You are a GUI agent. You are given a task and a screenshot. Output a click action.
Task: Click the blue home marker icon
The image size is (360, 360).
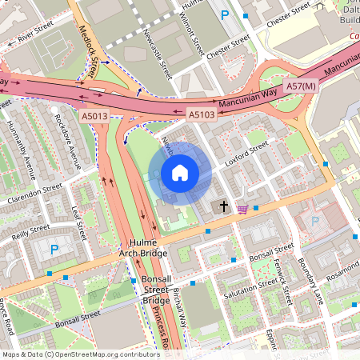(180, 173)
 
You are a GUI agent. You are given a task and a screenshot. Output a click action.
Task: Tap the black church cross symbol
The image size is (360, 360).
(223, 206)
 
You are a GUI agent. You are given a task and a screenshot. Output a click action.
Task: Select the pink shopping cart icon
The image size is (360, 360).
(242, 210)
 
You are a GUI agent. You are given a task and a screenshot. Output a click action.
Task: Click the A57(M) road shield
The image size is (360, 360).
(301, 86)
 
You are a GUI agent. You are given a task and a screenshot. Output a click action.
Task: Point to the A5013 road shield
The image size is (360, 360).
(94, 116)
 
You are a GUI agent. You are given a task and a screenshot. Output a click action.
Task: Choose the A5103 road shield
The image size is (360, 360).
(202, 116)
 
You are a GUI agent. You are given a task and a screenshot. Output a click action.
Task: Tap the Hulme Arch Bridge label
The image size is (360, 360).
(143, 248)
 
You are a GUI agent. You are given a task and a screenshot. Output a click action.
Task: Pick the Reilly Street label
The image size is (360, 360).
(30, 231)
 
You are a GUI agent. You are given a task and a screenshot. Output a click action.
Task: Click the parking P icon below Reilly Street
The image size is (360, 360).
(54, 250)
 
